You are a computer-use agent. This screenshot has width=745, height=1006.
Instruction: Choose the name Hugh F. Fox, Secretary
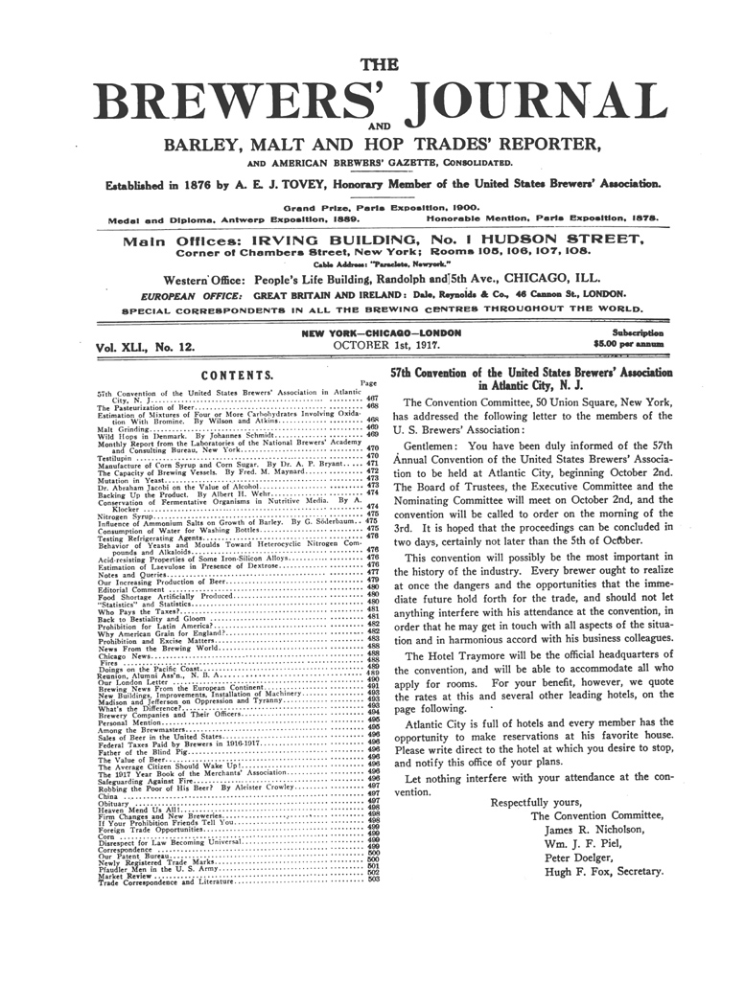[x=604, y=872]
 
